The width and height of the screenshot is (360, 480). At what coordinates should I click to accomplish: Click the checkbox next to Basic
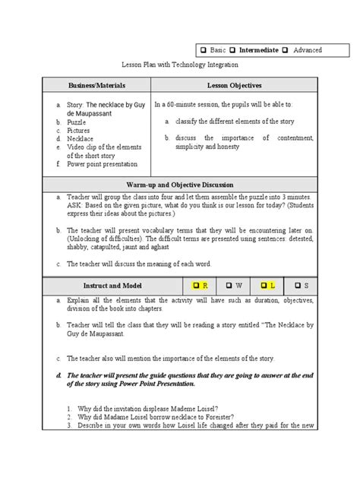click(203, 50)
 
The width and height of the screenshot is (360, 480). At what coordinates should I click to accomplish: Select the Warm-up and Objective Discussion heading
click(179, 185)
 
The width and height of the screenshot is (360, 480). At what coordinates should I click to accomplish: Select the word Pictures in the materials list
click(80, 130)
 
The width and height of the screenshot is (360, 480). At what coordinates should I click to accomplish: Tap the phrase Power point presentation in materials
click(103, 164)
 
